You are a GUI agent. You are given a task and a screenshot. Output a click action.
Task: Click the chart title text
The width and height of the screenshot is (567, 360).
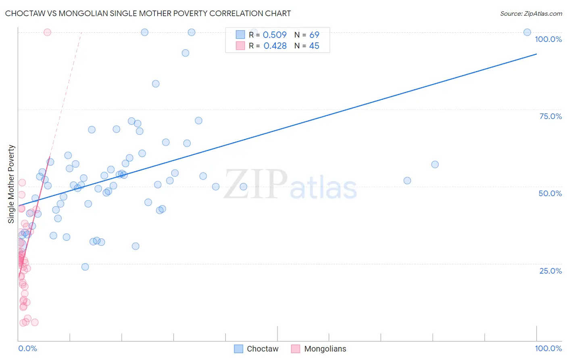(x=148, y=13)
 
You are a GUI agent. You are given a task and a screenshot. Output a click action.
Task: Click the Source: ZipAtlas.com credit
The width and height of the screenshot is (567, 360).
(x=531, y=13)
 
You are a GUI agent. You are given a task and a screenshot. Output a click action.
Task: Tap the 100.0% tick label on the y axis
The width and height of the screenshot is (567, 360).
(x=548, y=39)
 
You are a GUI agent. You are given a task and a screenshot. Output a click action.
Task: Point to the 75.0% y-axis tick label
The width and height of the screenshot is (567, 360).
(x=550, y=116)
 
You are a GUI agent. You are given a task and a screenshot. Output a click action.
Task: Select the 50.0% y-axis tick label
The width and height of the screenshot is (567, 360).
(x=550, y=193)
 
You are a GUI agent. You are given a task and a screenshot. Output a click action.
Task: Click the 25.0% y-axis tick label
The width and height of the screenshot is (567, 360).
(x=550, y=271)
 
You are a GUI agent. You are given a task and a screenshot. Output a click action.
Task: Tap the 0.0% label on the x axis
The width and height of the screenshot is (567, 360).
(x=27, y=348)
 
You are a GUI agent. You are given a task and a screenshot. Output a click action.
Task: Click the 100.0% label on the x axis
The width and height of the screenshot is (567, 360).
(x=548, y=348)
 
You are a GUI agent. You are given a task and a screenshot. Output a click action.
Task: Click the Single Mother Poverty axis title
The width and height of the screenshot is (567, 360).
(x=11, y=184)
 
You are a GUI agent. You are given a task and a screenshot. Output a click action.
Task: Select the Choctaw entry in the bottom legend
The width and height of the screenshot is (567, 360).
(x=262, y=349)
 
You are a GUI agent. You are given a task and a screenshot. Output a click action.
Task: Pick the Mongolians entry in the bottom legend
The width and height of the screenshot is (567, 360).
(x=325, y=349)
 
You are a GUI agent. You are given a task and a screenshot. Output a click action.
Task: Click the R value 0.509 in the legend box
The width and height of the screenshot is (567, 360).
(x=275, y=35)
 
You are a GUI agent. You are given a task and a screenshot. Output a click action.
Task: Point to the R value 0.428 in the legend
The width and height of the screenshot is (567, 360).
(x=275, y=46)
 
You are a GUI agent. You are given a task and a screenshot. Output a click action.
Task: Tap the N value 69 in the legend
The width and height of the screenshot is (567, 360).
(x=314, y=35)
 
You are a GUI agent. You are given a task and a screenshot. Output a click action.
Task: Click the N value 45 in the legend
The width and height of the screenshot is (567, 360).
(x=314, y=46)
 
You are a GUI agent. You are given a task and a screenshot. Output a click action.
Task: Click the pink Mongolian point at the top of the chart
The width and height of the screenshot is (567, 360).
(x=47, y=32)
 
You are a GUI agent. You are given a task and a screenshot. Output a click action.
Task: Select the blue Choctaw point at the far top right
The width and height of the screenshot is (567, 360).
(x=527, y=32)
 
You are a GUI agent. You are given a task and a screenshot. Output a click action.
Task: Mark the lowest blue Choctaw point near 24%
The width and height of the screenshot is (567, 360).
(x=85, y=267)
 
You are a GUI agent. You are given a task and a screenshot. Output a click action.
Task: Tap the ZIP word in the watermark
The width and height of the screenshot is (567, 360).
(x=256, y=184)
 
